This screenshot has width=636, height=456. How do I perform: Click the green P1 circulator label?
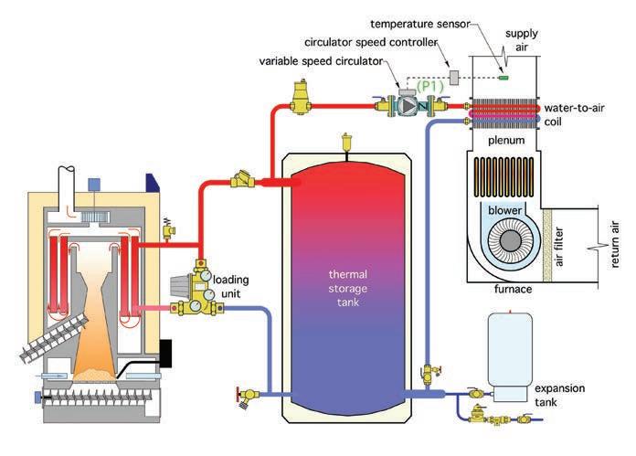coord(430,87)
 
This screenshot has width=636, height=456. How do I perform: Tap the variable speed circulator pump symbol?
coord(408,105)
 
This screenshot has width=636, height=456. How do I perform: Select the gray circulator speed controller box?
coord(454,77)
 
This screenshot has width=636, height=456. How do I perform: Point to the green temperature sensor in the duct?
coord(503,77)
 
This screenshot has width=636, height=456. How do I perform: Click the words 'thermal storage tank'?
coord(348,288)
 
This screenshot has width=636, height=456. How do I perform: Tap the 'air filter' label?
coord(559,247)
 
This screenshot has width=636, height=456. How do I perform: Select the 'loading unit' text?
coord(231,286)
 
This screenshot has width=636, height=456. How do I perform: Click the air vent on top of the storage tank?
coord(347,142)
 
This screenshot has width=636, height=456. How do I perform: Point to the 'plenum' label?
coord(506,141)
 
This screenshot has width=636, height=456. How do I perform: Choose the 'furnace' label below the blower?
coord(514,289)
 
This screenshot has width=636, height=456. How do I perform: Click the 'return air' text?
coord(614,244)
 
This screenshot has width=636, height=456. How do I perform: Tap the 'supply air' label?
coord(522,40)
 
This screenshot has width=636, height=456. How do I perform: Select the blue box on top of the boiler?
coord(94,185)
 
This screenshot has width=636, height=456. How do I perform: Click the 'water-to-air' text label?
coord(575,108)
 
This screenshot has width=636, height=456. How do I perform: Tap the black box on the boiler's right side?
coord(165,354)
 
